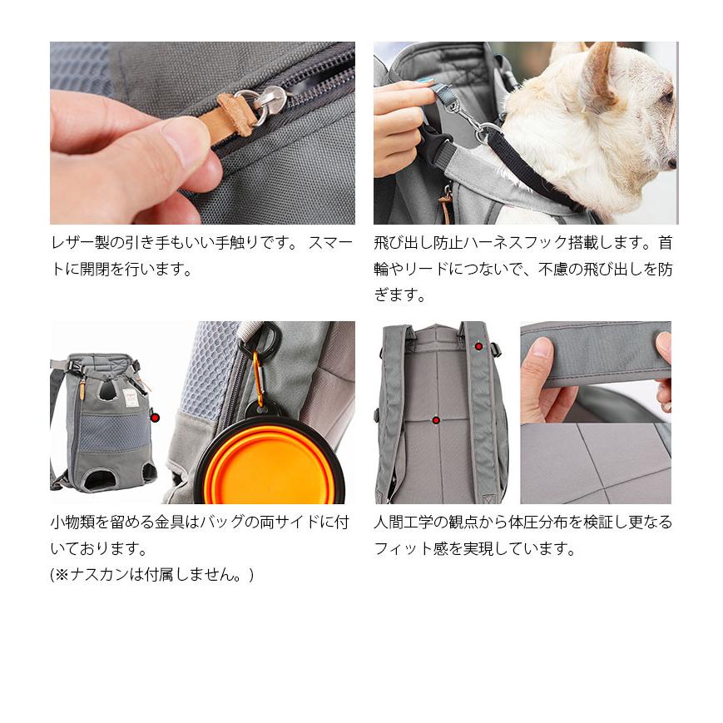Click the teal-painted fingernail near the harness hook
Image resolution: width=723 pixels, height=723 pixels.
(426, 82)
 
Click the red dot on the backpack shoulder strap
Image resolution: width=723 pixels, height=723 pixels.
(478, 346)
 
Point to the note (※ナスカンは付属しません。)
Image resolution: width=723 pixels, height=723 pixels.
(151, 575)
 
